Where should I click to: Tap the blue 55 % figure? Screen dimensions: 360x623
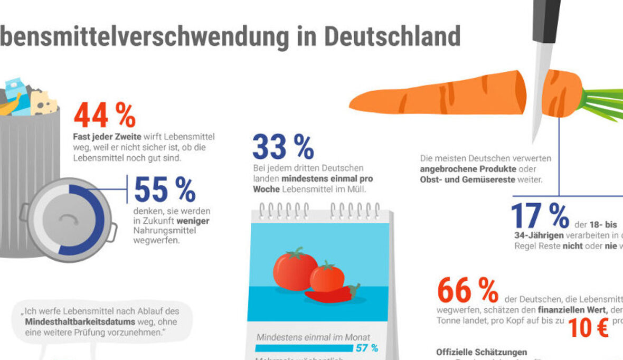[x=165, y=190]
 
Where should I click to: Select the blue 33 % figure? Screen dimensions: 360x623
[x=283, y=147]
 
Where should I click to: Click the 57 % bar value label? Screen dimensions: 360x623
[x=367, y=348]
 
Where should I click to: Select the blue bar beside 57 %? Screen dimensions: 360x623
[x=304, y=348]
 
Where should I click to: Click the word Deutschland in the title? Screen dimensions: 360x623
[x=392, y=36]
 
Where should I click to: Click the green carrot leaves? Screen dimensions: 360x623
[x=605, y=103]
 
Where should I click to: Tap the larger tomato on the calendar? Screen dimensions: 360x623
[x=295, y=269]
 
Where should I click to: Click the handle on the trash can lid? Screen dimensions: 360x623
[x=68, y=219]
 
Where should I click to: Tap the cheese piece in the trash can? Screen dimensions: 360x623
[x=43, y=103]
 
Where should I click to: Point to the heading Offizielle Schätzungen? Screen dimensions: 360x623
[x=481, y=352]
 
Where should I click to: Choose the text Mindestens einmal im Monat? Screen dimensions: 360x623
[x=314, y=337]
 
